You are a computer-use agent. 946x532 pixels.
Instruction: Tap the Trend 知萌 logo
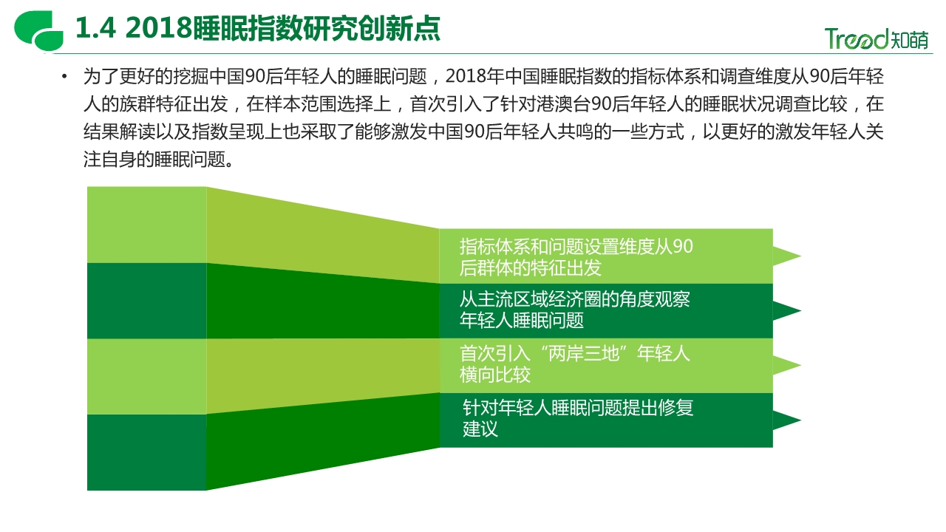(877, 39)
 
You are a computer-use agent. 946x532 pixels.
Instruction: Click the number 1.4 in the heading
(96, 28)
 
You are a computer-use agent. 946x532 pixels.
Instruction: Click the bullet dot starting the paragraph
(64, 76)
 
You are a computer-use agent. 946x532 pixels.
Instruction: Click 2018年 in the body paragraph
(474, 76)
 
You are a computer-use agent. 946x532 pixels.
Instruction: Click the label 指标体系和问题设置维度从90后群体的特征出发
(576, 256)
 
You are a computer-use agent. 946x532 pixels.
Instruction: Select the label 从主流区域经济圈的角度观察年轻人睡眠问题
(574, 310)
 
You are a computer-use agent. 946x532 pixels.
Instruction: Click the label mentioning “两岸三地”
(574, 364)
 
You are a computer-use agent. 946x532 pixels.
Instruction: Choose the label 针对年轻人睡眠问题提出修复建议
(578, 418)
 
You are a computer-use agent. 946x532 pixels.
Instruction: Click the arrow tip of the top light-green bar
(800, 256)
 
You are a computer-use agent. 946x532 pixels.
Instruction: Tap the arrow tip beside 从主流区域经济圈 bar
(800, 311)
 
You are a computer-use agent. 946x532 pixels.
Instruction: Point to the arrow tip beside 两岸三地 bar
(800, 365)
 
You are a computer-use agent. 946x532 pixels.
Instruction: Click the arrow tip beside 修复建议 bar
(800, 420)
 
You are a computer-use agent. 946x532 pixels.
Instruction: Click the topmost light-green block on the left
(146, 225)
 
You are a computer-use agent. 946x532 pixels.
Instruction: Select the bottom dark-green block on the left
(146, 452)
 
